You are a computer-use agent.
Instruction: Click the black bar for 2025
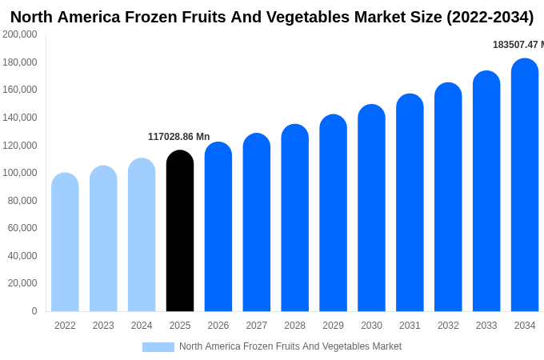[180, 231]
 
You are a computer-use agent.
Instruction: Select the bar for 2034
[525, 186]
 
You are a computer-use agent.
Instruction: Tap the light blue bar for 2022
[65, 242]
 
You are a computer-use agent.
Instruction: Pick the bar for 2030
[371, 208]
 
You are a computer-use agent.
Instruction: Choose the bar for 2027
[257, 222]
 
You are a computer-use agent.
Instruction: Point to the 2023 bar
[103, 238]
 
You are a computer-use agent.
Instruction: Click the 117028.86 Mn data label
[178, 137]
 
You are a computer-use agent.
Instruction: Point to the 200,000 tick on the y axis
[20, 34]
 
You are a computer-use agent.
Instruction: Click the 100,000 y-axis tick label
[20, 173]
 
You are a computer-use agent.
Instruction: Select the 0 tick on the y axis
[34, 311]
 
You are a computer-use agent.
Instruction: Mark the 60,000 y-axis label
[22, 228]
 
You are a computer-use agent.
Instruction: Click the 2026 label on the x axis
[218, 326]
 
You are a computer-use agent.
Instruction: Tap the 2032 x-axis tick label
[448, 326]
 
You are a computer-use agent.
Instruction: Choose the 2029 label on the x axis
[333, 326]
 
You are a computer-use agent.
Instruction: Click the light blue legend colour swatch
[158, 347]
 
